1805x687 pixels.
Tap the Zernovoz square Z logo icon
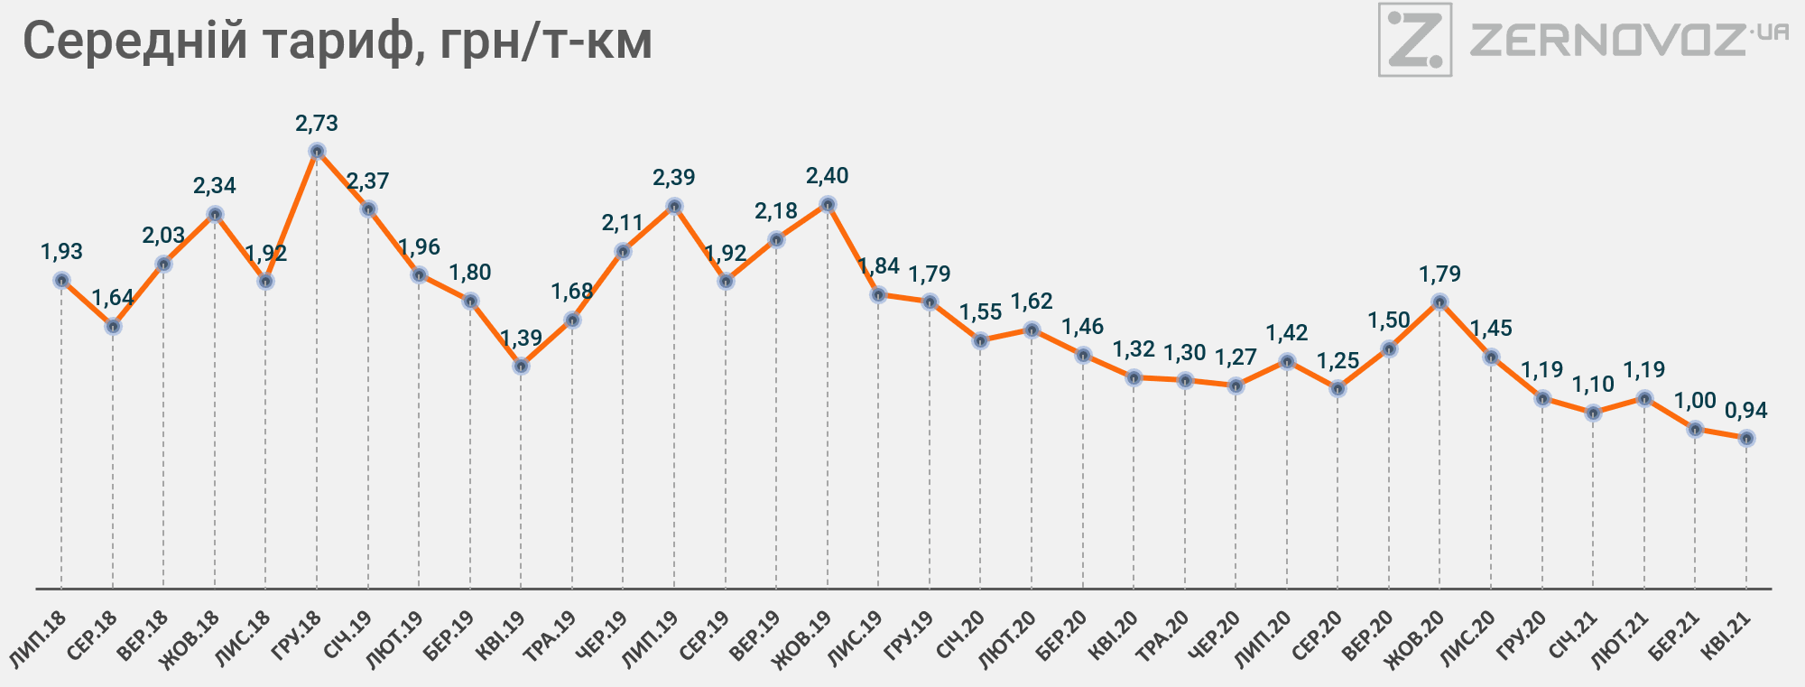click(1414, 40)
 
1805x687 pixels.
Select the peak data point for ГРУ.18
click(317, 151)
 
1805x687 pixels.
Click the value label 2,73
click(317, 123)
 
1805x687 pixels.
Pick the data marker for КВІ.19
click(521, 366)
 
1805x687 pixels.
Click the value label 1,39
click(521, 339)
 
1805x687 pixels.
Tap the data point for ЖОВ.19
click(828, 204)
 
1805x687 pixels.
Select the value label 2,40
click(828, 175)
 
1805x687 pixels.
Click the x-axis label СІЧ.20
click(960, 636)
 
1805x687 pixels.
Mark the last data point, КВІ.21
click(1746, 438)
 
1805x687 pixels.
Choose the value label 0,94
click(1746, 411)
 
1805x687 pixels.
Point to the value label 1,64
click(113, 298)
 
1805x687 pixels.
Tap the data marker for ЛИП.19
click(673, 206)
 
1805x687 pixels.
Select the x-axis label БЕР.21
click(1675, 636)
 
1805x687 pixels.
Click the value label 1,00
click(1695, 401)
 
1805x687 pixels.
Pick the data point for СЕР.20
click(1338, 389)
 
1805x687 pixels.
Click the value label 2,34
click(215, 186)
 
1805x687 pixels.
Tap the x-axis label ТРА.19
click(551, 637)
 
